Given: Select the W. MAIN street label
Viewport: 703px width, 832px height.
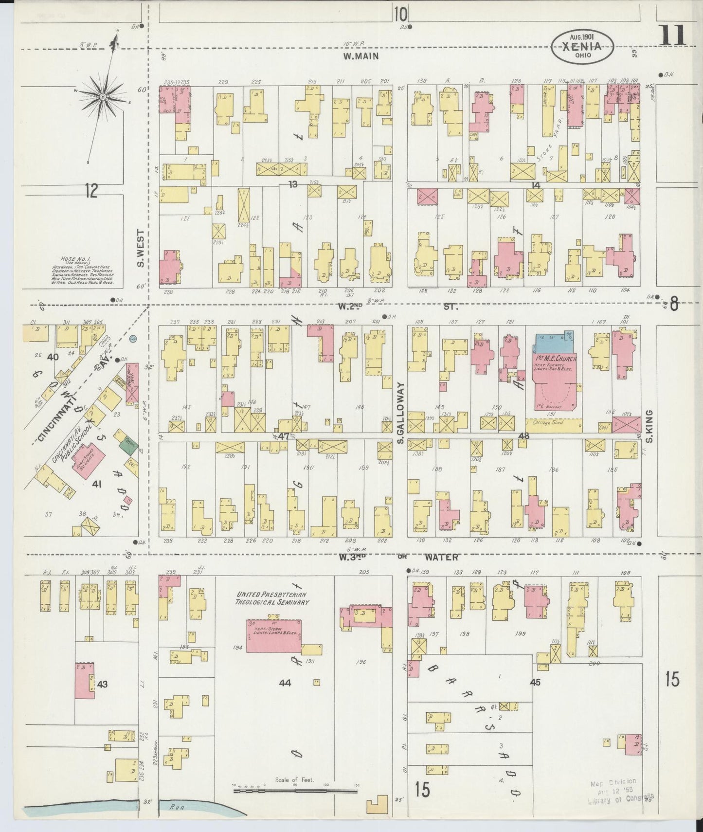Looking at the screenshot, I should [x=361, y=56].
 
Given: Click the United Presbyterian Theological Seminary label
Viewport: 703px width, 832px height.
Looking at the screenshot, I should [x=272, y=598].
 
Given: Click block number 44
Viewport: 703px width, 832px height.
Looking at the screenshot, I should [x=285, y=683].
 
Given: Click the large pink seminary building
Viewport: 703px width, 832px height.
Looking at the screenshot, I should [x=273, y=635].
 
